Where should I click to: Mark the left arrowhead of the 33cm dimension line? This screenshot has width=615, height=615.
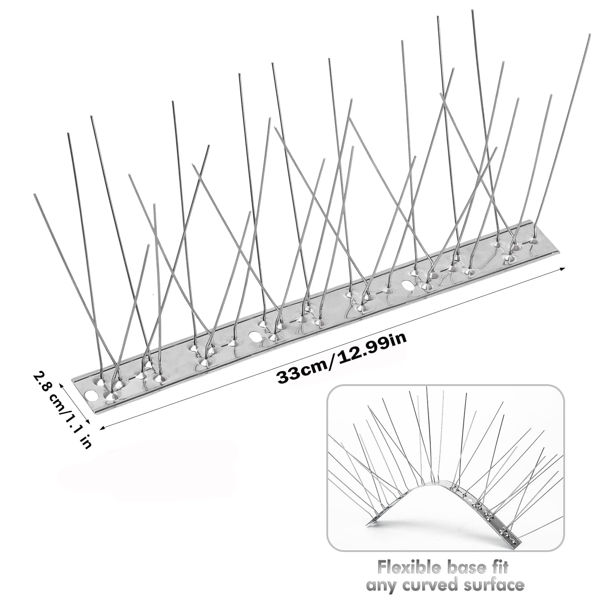tap(102, 427)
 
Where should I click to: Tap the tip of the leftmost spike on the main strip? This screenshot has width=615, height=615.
tap(35, 195)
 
